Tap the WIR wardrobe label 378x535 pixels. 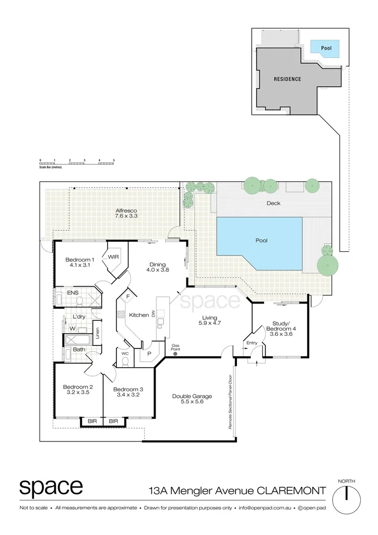pyautogui.click(x=113, y=257)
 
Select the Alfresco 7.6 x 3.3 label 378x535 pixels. pyautogui.click(x=126, y=213)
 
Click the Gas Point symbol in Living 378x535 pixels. pyautogui.click(x=175, y=353)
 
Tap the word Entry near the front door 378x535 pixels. pyautogui.click(x=252, y=343)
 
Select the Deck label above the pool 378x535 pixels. pyautogui.click(x=274, y=203)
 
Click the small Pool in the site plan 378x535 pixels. pyautogui.click(x=326, y=48)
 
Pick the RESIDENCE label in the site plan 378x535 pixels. pyautogui.click(x=288, y=79)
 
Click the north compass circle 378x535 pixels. pyautogui.click(x=346, y=499)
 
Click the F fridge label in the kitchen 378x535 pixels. pyautogui.click(x=127, y=296)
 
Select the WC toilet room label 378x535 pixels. pyautogui.click(x=125, y=353)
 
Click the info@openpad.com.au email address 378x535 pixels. pyautogui.click(x=266, y=508)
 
